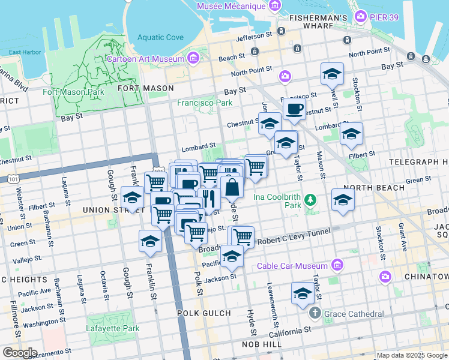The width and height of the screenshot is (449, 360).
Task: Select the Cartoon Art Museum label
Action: (145, 59)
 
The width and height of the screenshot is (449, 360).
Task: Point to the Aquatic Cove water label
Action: (160, 37)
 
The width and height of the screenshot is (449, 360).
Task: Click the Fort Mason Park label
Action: (73, 92)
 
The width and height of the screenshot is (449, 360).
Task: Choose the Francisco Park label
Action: (204, 103)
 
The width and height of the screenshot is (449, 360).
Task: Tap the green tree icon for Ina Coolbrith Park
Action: (310, 199)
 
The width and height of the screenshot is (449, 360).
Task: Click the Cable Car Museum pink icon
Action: (337, 265)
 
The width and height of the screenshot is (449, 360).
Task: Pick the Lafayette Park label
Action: (113, 328)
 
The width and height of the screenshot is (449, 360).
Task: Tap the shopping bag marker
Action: (232, 187)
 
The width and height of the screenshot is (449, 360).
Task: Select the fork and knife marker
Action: (208, 197)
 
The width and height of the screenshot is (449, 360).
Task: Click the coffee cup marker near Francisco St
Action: (294, 109)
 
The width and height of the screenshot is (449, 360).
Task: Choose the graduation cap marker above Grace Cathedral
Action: (303, 293)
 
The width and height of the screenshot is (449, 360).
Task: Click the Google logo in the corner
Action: (19, 353)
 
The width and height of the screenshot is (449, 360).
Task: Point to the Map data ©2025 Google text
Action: (412, 355)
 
